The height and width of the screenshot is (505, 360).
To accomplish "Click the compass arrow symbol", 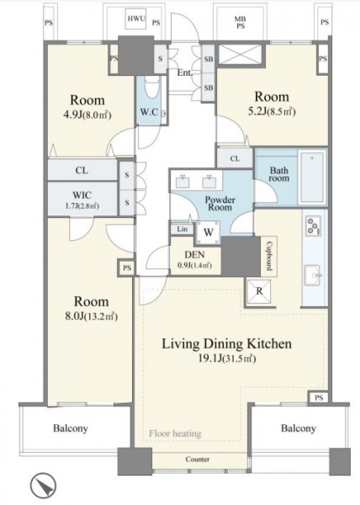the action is pyautogui.click(x=44, y=485).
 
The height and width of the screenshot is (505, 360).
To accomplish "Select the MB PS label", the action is pyautogui.click(x=241, y=23).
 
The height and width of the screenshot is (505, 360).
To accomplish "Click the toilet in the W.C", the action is pyautogui.click(x=151, y=88).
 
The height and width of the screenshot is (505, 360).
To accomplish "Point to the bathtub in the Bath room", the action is pyautogui.click(x=312, y=177).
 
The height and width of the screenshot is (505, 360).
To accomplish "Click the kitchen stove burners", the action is pyautogui.click(x=313, y=225).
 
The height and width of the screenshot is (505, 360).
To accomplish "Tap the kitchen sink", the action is pyautogui.click(x=312, y=275).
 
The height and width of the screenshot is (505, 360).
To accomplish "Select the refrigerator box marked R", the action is pyautogui.click(x=259, y=291).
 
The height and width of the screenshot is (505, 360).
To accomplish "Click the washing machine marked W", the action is pyautogui.click(x=208, y=232).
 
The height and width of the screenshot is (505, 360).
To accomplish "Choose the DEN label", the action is pyautogui.click(x=194, y=255).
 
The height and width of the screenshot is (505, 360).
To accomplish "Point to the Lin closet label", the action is pyautogui.click(x=182, y=229).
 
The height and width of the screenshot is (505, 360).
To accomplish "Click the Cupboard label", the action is pyautogui.click(x=268, y=256).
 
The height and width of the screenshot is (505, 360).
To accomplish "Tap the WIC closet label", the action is pyautogui.click(x=82, y=195).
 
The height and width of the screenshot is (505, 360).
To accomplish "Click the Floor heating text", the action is pyautogui.click(x=175, y=433).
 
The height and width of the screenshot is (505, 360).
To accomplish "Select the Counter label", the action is pyautogui.click(x=198, y=460).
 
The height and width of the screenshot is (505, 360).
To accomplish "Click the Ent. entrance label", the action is pyautogui.click(x=185, y=72).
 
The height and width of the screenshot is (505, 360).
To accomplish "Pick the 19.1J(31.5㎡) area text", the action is pyautogui.click(x=227, y=359).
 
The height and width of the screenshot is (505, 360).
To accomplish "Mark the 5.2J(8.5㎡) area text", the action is pyautogui.click(x=272, y=112).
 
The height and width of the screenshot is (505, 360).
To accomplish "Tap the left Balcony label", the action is pyautogui.click(x=71, y=428).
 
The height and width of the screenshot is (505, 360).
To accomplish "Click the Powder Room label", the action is pyautogui.click(x=220, y=203).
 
